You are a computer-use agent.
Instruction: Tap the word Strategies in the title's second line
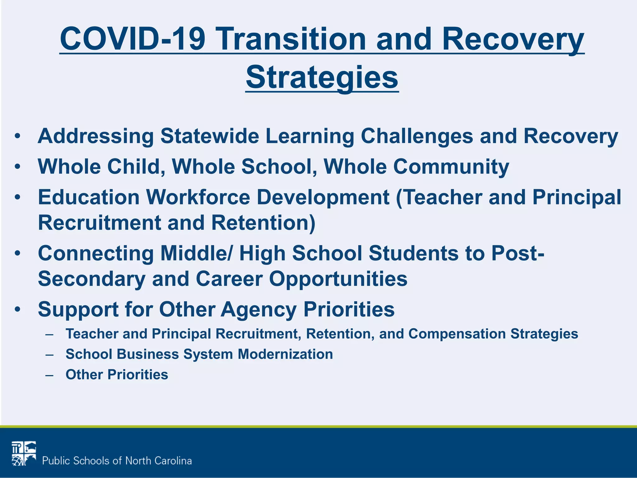click(322, 77)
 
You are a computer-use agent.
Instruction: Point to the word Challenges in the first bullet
click(417, 136)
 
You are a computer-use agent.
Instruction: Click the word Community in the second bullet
click(451, 167)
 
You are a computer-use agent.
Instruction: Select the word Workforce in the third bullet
click(198, 197)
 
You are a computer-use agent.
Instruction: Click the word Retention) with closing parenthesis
click(263, 223)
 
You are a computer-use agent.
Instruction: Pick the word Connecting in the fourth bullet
click(96, 253)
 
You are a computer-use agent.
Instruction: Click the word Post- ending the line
click(518, 253)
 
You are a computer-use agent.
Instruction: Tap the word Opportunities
click(338, 279)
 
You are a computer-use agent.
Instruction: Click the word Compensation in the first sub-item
click(457, 334)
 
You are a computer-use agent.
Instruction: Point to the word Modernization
click(285, 354)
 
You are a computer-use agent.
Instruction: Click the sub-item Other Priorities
click(117, 375)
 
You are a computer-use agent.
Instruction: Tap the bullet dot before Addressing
click(17, 136)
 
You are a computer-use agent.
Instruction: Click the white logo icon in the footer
click(24, 453)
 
